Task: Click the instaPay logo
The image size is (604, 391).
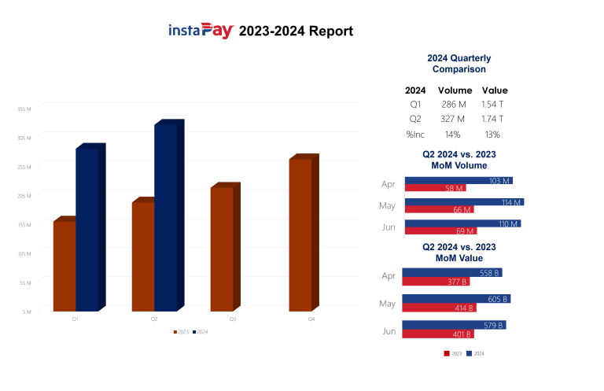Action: click(x=201, y=31)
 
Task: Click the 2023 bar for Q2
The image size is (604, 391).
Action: click(x=143, y=256)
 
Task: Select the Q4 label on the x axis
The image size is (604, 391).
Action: click(x=311, y=319)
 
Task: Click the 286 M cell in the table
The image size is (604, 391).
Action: click(x=453, y=105)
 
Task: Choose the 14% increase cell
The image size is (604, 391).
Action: click(x=453, y=134)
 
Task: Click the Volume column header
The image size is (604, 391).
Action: click(x=455, y=90)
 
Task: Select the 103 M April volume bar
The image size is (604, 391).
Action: click(x=458, y=181)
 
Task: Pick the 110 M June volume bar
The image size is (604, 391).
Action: click(x=462, y=224)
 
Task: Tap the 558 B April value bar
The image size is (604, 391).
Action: click(x=451, y=273)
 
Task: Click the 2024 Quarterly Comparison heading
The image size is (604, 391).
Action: click(x=459, y=64)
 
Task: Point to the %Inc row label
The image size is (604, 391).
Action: click(x=415, y=134)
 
